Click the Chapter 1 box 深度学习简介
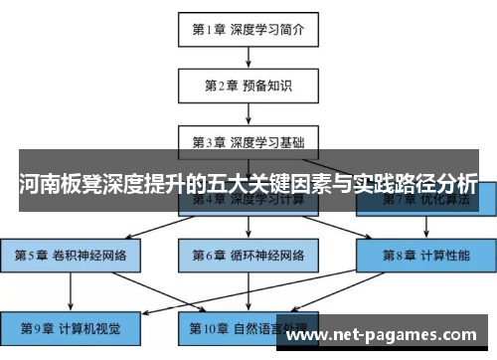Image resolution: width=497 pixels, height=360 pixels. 248,29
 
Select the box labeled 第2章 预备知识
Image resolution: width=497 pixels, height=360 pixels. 248,85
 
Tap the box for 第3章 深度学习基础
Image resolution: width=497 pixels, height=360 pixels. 248,140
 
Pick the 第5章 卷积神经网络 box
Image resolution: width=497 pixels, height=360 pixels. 70,256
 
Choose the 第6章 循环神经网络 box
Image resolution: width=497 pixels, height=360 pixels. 248,256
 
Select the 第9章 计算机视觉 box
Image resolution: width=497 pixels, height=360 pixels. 70,327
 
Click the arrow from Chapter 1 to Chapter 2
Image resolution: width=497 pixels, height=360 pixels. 248,57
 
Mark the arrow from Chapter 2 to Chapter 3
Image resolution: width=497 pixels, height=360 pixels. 248,112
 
